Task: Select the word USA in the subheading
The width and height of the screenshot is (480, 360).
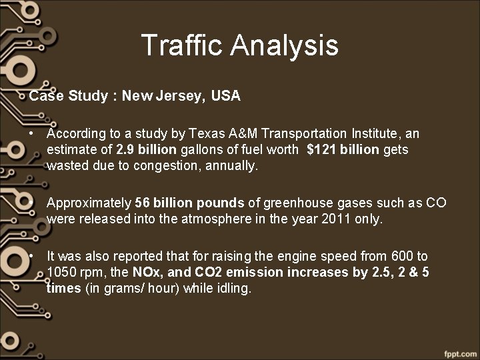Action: (225, 96)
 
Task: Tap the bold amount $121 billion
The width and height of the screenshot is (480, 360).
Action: (343, 149)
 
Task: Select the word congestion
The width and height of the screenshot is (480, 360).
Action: (162, 165)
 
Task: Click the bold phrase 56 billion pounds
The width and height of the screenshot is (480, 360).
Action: (181, 203)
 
